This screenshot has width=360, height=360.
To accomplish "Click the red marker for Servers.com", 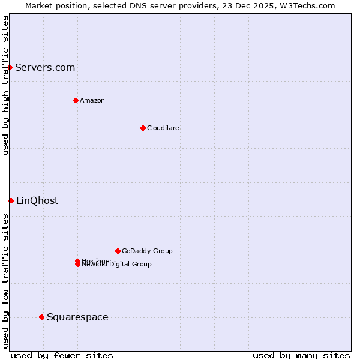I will click(x=10, y=67).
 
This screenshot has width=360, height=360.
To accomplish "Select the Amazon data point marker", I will click(x=76, y=100).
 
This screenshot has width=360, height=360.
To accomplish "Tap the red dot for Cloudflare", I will click(x=143, y=128).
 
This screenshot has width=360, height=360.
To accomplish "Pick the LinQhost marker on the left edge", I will click(x=11, y=200).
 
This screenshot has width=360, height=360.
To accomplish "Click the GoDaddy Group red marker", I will click(x=118, y=251).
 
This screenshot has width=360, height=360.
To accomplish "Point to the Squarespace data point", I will click(x=41, y=317).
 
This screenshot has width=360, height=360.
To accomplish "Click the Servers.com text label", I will click(x=45, y=67).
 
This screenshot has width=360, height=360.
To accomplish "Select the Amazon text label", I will click(x=92, y=100).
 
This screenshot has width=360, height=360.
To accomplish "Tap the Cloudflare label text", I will click(x=163, y=128).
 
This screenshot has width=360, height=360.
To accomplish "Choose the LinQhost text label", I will click(x=37, y=200).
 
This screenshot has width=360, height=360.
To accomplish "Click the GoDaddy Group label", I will click(x=147, y=251).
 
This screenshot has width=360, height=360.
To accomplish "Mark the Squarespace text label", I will click(x=77, y=317).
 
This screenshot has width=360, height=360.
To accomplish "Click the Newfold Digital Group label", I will click(x=117, y=265).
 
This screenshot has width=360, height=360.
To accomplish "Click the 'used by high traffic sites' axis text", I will click(x=5, y=85).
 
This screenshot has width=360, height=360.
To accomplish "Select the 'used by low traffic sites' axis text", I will click(x=5, y=280).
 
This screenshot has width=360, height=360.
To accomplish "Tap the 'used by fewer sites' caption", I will click(x=62, y=355).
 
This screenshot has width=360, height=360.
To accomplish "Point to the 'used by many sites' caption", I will click(x=301, y=355).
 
